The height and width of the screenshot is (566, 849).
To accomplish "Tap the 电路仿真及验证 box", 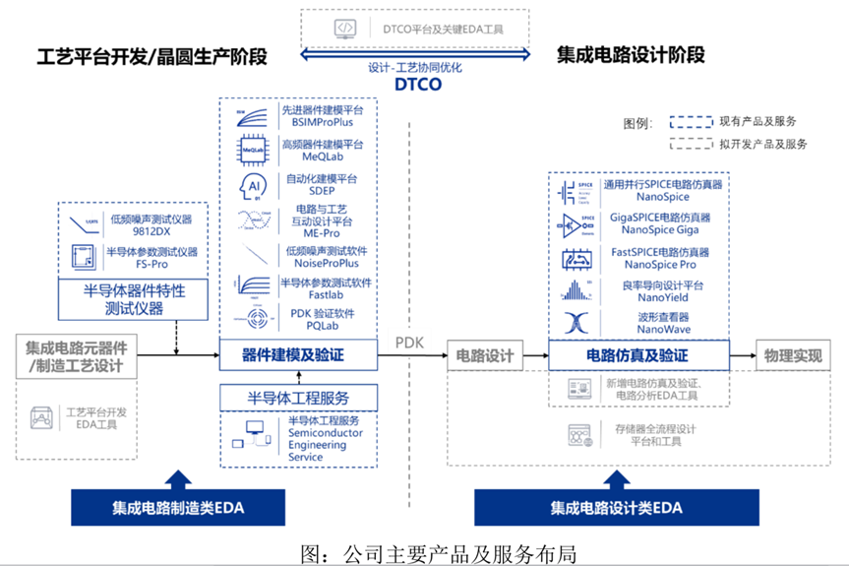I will [637, 354].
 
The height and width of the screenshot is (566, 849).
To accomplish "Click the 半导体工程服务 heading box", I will [298, 399].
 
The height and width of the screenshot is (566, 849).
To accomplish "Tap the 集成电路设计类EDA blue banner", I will [616, 508].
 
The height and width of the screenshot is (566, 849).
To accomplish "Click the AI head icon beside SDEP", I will [251, 184].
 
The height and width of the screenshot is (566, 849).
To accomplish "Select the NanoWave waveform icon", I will [573, 322].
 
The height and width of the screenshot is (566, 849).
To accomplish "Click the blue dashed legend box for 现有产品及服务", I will [692, 123].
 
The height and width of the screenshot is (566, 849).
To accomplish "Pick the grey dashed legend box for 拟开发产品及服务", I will [692, 145].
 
